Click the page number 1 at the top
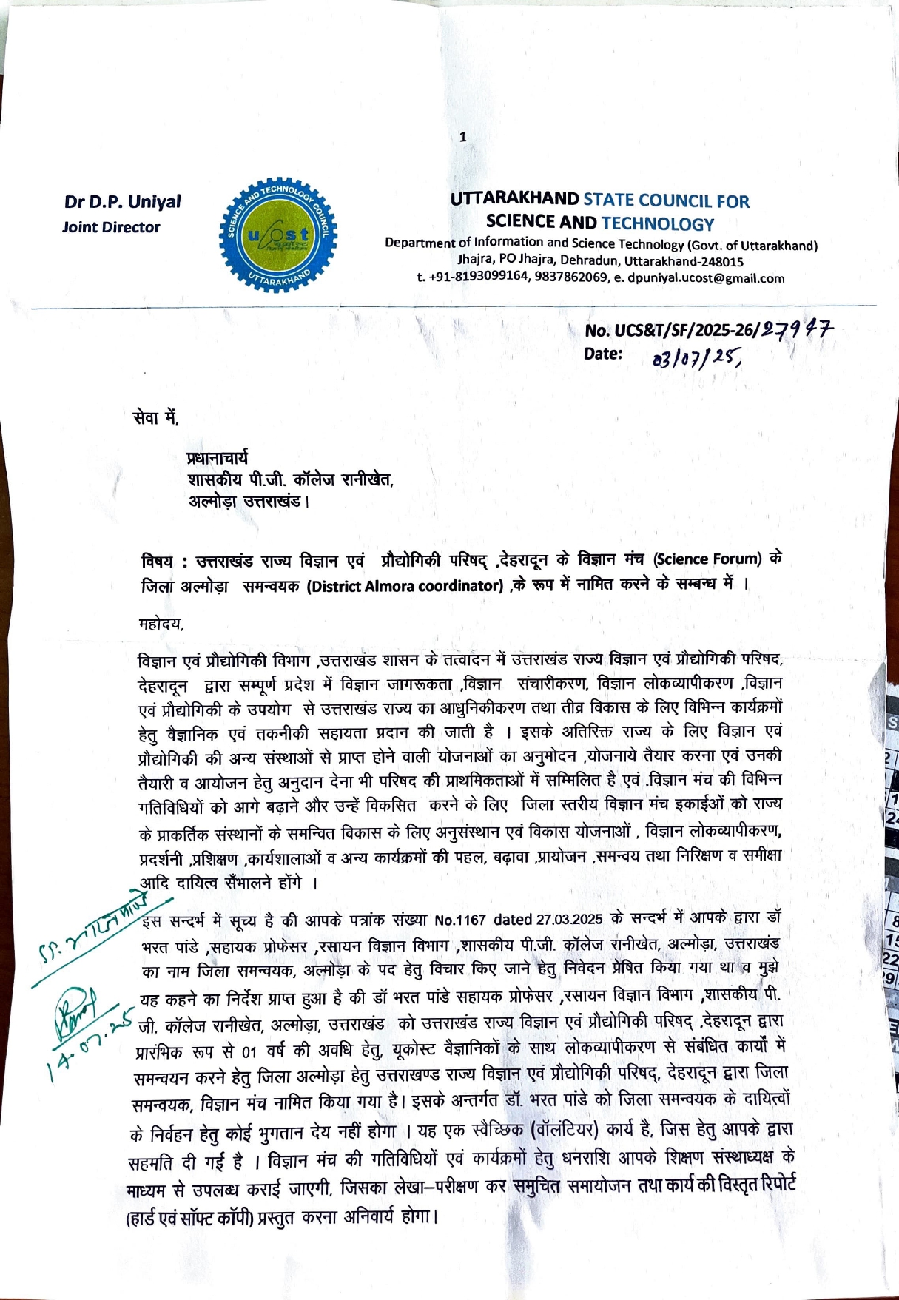(x=462, y=137)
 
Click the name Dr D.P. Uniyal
(x=122, y=202)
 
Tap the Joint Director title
(x=111, y=227)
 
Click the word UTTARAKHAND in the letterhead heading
(x=514, y=199)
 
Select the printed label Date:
(x=603, y=354)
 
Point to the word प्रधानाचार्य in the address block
(x=218, y=459)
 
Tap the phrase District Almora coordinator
(x=405, y=586)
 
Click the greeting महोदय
(x=161, y=624)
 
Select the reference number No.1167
(x=459, y=920)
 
